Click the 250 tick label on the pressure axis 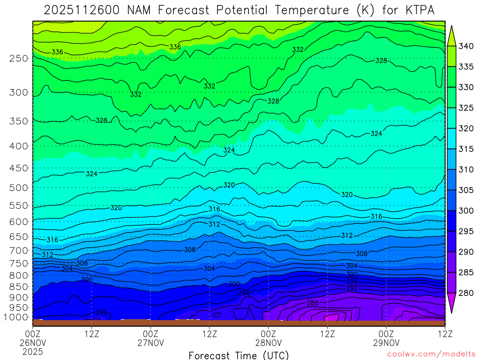point(19,59)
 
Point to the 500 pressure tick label point(19,187)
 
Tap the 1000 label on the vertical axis point(17,317)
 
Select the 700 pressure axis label point(19,251)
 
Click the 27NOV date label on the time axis point(150,343)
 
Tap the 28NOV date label point(268,343)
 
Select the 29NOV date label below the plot point(386,343)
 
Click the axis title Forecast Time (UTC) point(239,355)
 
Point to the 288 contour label point(313,303)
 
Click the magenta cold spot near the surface point(331,317)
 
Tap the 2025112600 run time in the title point(84,9)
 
